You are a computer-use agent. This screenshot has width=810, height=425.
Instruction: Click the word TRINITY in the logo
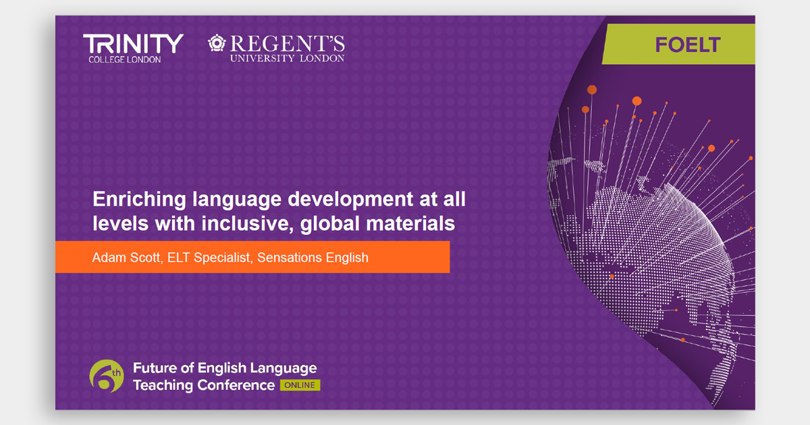click(x=133, y=45)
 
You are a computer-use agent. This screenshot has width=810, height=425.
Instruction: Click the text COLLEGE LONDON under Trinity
click(x=125, y=60)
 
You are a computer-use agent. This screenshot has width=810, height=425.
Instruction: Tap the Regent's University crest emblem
click(x=217, y=44)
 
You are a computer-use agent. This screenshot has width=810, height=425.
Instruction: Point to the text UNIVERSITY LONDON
click(x=287, y=59)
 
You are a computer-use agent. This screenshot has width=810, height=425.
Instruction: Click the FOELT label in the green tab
click(x=687, y=45)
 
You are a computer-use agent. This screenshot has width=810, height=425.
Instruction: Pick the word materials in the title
click(x=412, y=223)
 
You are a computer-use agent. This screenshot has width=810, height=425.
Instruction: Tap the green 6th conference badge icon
click(x=107, y=376)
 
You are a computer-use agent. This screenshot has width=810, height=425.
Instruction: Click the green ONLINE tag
click(x=300, y=385)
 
